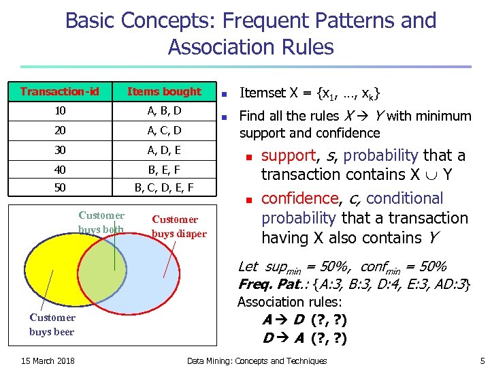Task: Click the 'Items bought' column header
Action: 164,91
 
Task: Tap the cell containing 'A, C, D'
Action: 164,129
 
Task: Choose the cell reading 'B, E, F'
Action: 164,168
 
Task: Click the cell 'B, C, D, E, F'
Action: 164,187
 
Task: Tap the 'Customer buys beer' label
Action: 52,324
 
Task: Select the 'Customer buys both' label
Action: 101,223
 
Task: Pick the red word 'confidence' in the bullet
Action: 299,198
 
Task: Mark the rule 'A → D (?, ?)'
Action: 303,320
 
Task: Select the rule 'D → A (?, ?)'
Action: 303,338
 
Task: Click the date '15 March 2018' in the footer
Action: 47,361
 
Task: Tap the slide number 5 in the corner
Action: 482,361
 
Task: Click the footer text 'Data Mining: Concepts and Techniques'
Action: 257,361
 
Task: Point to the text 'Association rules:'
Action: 289,301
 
